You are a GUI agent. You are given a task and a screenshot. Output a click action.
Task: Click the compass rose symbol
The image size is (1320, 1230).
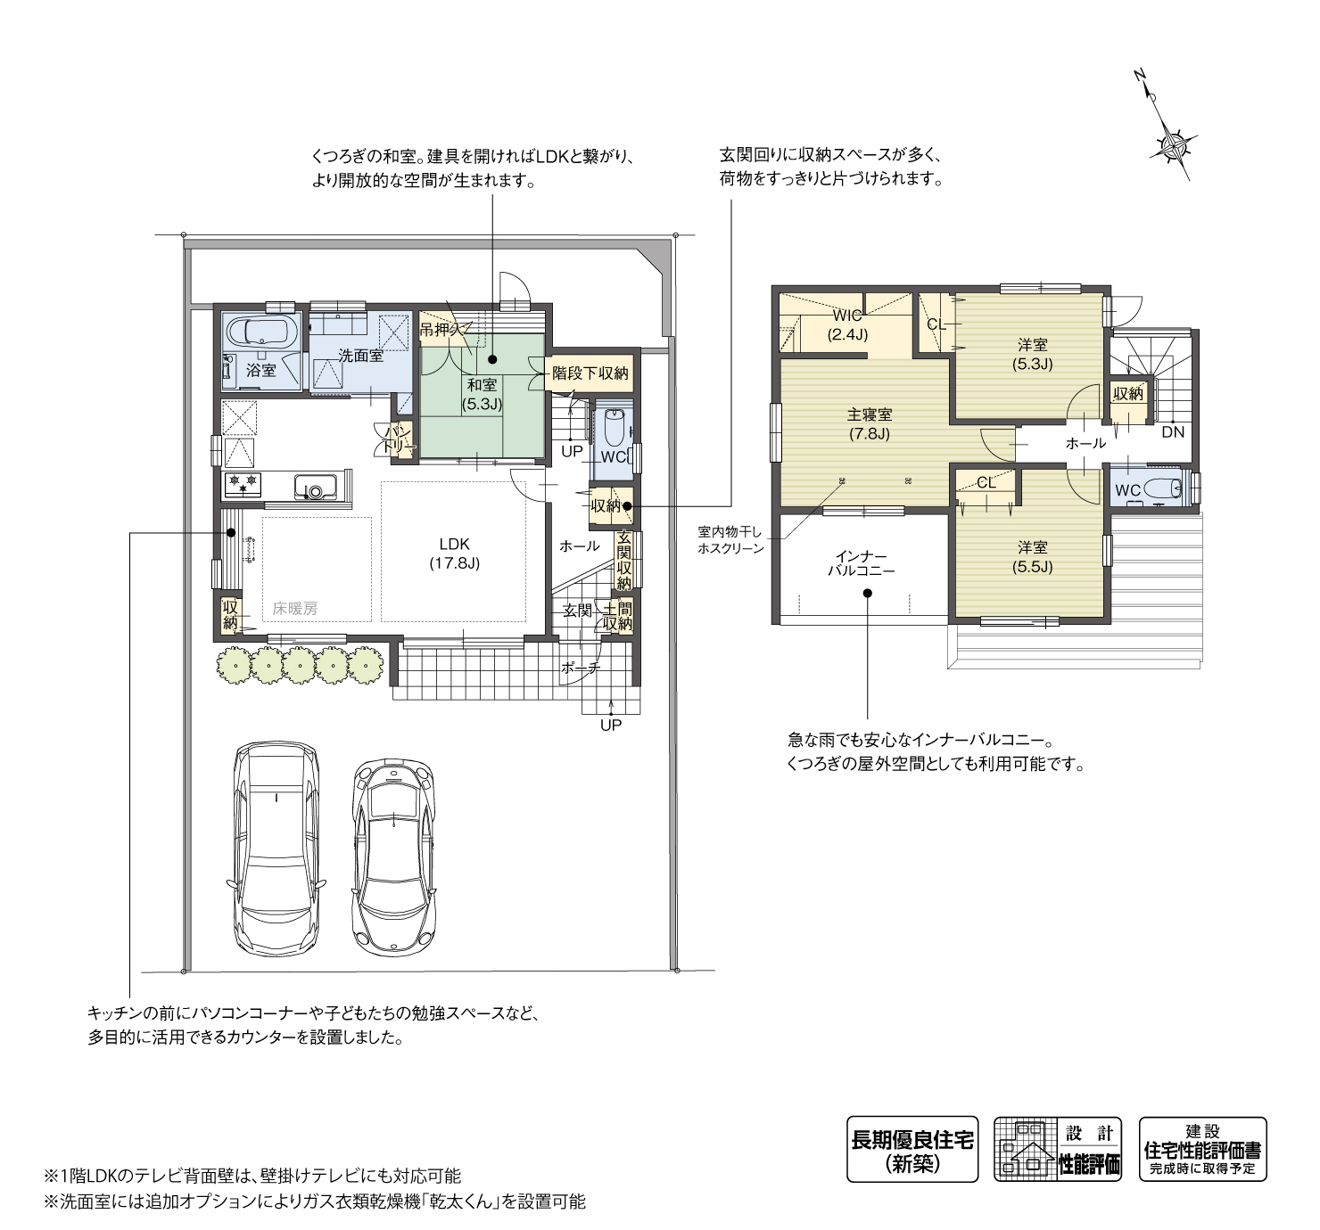coord(1173,144)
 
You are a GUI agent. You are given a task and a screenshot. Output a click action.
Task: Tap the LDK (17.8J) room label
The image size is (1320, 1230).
coord(454,553)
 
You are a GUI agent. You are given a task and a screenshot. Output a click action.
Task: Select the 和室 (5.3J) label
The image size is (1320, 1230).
coord(482,394)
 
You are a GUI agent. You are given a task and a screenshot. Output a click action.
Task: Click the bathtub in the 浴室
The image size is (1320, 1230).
coord(261,331)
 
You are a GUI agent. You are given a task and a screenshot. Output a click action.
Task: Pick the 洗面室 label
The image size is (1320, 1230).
coord(361,357)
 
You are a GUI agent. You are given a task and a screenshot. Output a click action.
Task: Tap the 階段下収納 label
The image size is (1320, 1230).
coord(590,373)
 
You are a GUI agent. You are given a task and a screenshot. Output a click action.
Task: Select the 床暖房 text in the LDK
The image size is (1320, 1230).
coord(294,607)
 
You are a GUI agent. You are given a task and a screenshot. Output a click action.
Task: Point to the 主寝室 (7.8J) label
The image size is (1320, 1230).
coord(870,424)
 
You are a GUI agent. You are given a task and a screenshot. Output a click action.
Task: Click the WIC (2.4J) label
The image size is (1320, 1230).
coord(847,325)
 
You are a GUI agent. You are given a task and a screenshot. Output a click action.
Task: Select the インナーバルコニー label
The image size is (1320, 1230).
coord(862,562)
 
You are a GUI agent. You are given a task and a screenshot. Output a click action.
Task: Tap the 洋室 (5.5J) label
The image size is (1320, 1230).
coord(1032,557)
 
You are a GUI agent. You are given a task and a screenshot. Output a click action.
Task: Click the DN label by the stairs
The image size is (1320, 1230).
coord(1173,432)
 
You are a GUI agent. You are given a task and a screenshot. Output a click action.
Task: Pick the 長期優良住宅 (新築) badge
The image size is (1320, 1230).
coord(912,1149)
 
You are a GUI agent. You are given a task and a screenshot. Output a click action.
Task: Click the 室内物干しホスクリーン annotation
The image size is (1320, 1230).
coord(730,540)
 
